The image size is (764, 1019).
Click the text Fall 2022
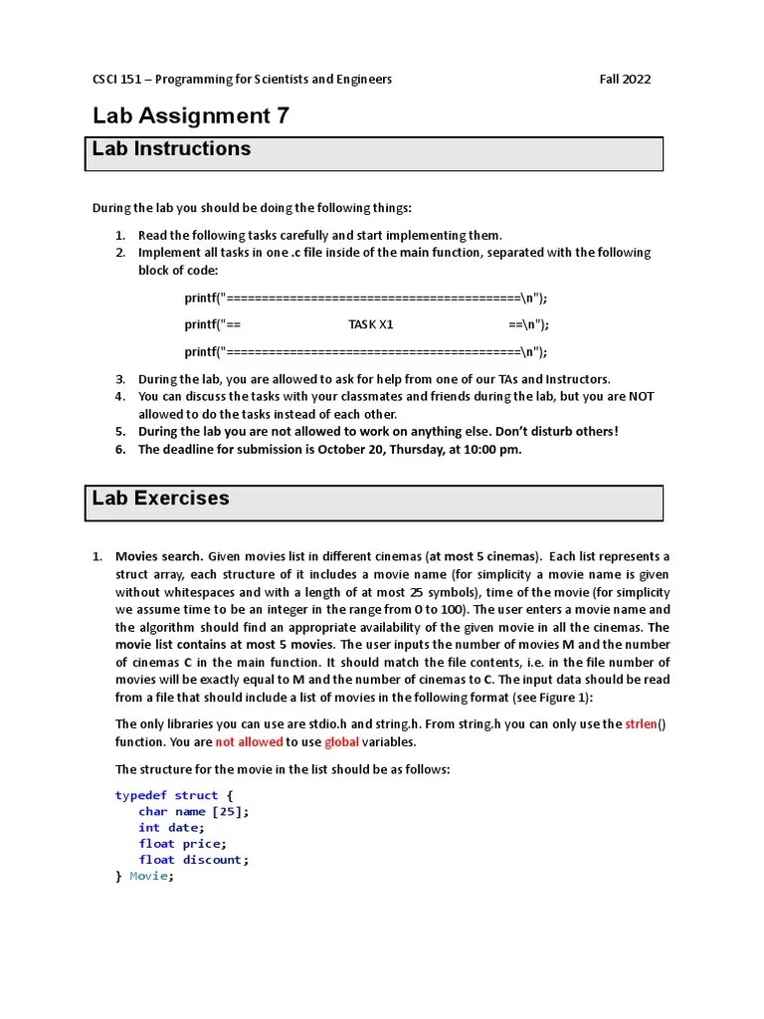(625, 80)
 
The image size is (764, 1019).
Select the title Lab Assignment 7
(191, 115)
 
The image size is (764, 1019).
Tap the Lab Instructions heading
(171, 149)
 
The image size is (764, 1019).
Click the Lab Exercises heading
(160, 499)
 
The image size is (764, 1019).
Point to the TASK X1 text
(371, 324)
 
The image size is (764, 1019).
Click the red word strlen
(642, 724)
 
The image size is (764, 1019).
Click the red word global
(341, 742)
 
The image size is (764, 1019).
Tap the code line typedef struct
(174, 795)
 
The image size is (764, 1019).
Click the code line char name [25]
(194, 811)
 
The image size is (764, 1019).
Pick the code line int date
(171, 827)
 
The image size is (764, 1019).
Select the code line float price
(181, 843)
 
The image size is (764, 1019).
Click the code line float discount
(193, 860)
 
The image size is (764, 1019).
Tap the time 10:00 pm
(486, 450)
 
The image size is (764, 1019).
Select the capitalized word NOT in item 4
(642, 396)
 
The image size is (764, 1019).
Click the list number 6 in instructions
(118, 450)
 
